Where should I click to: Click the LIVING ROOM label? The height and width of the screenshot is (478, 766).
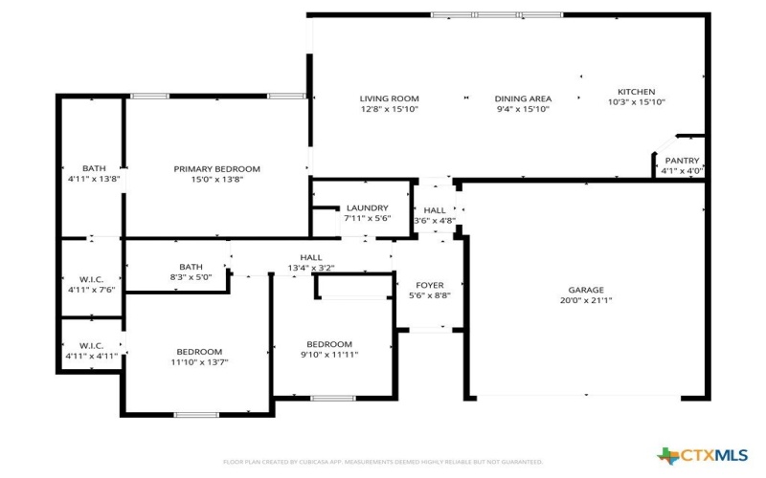389,98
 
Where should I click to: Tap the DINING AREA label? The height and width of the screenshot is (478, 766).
523,98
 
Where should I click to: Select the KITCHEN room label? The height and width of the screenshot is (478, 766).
636,92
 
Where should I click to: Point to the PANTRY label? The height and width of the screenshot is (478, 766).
682,161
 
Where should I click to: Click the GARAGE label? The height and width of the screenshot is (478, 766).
586,290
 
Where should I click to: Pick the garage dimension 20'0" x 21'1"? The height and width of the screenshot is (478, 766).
586,300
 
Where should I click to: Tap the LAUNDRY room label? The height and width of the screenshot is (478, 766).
367,207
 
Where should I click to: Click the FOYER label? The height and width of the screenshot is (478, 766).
429,285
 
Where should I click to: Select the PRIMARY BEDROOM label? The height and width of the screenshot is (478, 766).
216,169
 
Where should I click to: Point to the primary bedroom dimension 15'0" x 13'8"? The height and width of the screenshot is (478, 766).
216,180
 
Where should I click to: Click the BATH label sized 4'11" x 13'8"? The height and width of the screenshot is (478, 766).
94,168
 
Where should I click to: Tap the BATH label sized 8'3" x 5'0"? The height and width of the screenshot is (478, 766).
191,267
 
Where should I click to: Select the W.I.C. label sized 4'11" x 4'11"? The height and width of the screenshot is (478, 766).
91,345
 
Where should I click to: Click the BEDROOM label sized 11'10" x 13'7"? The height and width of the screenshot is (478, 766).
199,352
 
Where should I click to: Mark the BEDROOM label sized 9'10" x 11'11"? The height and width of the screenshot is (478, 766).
329,344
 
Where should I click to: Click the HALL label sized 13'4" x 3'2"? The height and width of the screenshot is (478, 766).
311,257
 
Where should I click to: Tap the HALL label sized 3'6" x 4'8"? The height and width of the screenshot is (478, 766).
435,210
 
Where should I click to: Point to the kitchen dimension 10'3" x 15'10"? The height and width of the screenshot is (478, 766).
636,102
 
